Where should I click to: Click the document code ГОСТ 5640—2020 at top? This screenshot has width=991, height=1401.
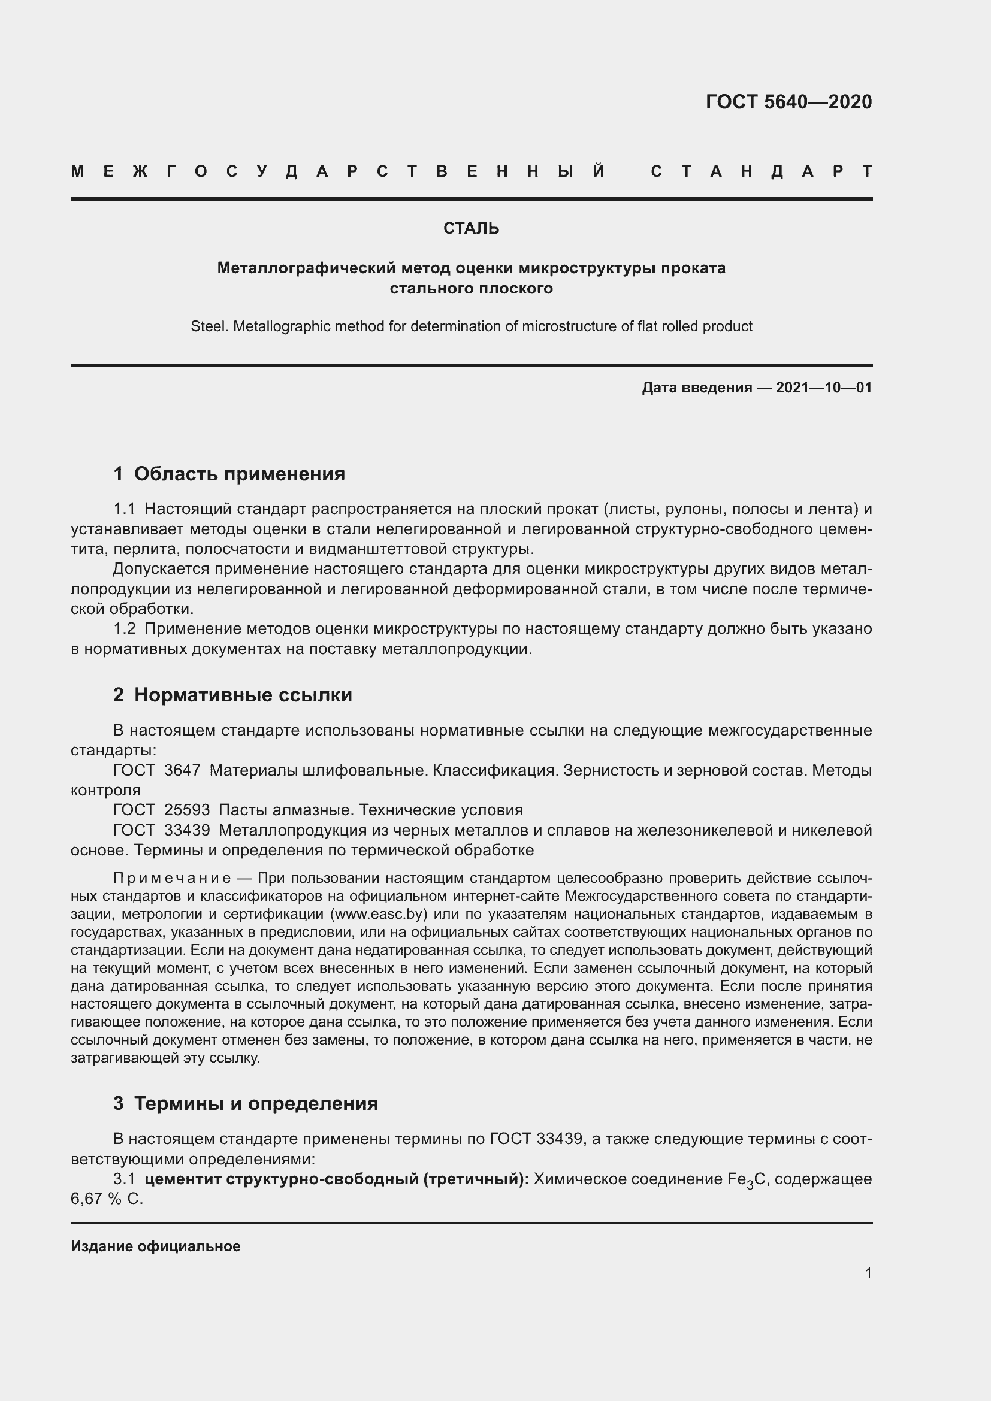coord(788,102)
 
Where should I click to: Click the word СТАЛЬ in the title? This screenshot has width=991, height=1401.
coord(471,228)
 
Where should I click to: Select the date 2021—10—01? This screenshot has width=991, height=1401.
coord(823,388)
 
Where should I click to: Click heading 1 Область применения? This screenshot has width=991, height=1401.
coord(229,474)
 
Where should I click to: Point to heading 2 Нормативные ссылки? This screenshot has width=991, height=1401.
coord(232,695)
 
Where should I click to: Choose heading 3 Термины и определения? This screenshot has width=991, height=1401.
coord(245,1103)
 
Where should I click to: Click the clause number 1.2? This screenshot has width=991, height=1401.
coord(125,629)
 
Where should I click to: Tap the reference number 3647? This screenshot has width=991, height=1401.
coord(182,771)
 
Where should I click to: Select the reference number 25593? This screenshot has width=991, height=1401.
coord(187,810)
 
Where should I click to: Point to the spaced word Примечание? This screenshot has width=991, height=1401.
coord(172,878)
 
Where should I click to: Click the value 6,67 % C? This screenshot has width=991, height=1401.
coord(107,1199)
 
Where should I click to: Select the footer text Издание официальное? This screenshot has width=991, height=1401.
coord(156,1246)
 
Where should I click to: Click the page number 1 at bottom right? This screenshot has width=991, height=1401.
coord(868,1273)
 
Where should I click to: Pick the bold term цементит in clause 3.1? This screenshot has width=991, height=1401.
coord(183,1179)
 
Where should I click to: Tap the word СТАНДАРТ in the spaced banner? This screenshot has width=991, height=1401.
coord(761,172)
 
